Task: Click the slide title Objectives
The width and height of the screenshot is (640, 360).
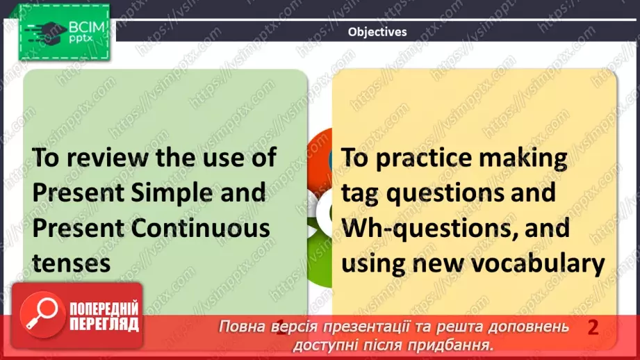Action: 377,32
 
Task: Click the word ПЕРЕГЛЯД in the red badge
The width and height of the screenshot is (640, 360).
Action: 104,324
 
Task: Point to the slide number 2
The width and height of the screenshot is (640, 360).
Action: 593,327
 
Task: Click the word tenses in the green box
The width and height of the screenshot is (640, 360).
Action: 72,263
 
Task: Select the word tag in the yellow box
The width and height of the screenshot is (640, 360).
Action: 361,193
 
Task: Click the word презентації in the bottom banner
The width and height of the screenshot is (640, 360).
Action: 343,327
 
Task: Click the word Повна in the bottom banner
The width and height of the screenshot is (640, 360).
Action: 241,327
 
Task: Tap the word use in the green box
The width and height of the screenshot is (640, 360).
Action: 216,157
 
